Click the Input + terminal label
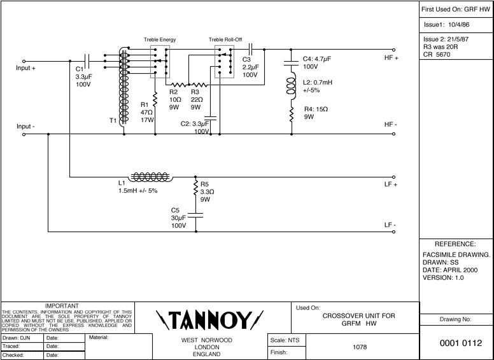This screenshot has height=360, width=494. (26, 68)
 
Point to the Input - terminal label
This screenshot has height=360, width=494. (25, 126)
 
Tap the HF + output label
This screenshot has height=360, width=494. (391, 58)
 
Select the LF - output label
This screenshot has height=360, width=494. (390, 225)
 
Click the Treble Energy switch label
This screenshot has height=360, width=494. (160, 39)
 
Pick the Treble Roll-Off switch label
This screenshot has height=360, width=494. (225, 39)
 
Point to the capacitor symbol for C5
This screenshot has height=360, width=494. (195, 216)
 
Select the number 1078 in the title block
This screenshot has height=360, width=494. (360, 347)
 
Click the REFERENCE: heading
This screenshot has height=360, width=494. (456, 244)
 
